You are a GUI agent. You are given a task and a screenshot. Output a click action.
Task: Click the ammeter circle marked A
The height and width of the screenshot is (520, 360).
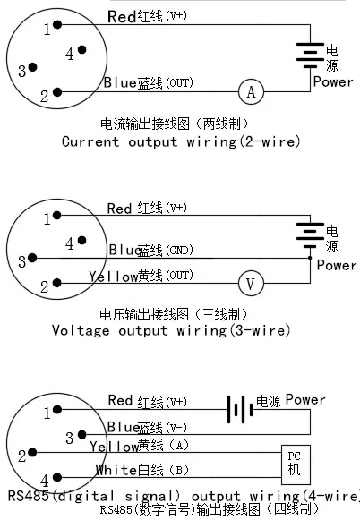(x=251, y=90)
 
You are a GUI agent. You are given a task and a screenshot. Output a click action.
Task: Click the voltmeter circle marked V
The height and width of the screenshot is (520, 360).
(x=251, y=284)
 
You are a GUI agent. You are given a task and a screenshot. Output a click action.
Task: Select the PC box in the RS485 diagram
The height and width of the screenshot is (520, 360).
(x=294, y=462)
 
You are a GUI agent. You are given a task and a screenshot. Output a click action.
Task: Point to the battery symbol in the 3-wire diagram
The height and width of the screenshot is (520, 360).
(x=310, y=236)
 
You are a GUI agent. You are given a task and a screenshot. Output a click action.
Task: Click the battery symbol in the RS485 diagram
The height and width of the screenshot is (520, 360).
(x=237, y=410)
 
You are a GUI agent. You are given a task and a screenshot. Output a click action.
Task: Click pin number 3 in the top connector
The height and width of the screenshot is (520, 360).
(x=22, y=69)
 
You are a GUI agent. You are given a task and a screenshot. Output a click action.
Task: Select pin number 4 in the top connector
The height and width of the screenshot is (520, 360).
(x=71, y=54)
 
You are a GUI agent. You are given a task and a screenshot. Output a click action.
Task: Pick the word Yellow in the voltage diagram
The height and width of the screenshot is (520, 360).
(x=113, y=277)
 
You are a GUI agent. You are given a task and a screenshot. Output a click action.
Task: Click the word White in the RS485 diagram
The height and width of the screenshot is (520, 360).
(x=115, y=469)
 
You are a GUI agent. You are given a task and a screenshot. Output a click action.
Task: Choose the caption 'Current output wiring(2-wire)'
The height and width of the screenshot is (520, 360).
(x=180, y=141)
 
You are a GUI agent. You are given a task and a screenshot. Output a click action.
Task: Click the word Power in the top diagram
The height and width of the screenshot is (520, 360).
(x=332, y=81)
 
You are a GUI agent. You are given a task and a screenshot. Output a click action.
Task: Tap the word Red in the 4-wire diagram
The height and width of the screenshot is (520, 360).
(x=120, y=400)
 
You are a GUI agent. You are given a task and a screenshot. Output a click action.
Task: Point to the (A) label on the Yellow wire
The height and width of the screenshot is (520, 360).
(x=178, y=445)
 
